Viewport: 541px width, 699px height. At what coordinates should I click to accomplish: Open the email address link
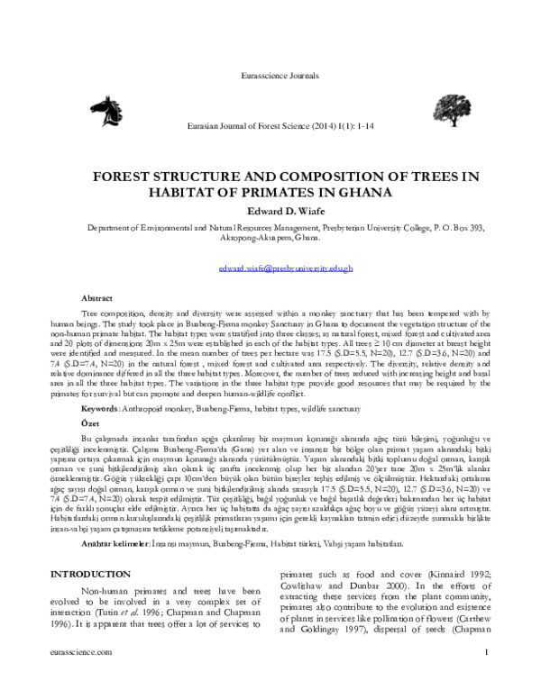pos(287,268)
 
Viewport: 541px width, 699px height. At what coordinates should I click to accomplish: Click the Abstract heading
pos(97,296)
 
